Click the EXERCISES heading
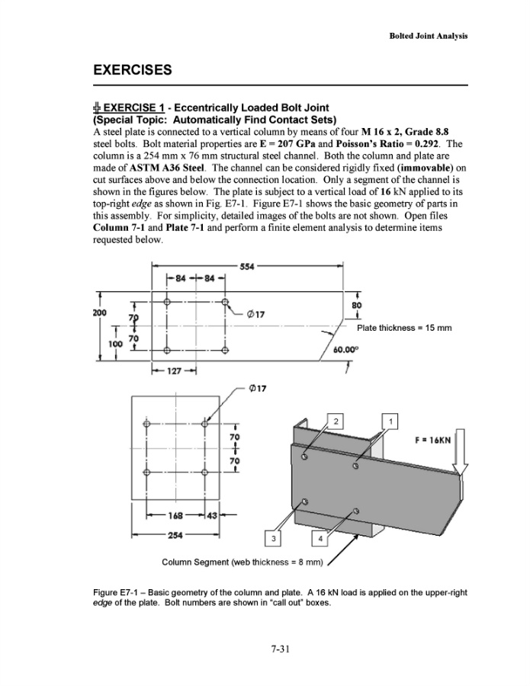click(132, 71)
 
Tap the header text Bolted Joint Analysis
click(429, 36)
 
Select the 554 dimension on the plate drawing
click(247, 268)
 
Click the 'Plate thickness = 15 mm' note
click(404, 328)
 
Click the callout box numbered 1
click(390, 422)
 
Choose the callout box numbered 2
click(336, 422)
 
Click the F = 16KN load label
click(432, 440)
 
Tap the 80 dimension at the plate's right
click(356, 306)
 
